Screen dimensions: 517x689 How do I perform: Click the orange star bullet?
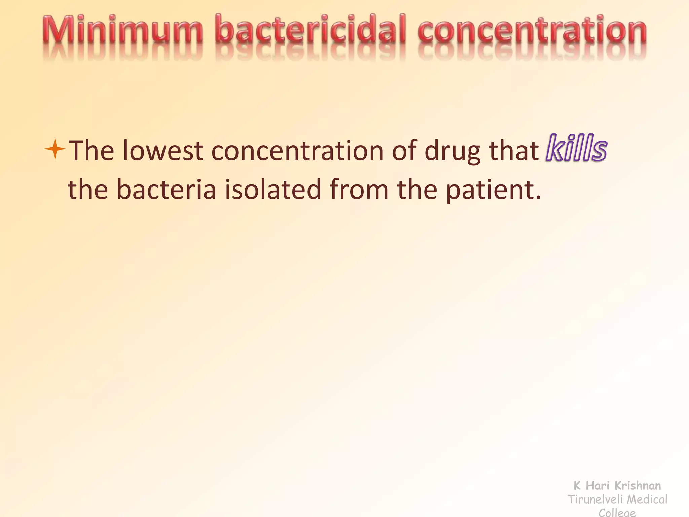(55, 149)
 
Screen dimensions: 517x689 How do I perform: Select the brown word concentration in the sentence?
(297, 150)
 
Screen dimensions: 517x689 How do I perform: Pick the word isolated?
(273, 189)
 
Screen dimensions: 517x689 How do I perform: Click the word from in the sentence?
(359, 189)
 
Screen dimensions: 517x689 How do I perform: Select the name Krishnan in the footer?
(638, 486)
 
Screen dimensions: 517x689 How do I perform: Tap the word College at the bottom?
(617, 513)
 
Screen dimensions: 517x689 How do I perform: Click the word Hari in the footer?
(597, 486)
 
